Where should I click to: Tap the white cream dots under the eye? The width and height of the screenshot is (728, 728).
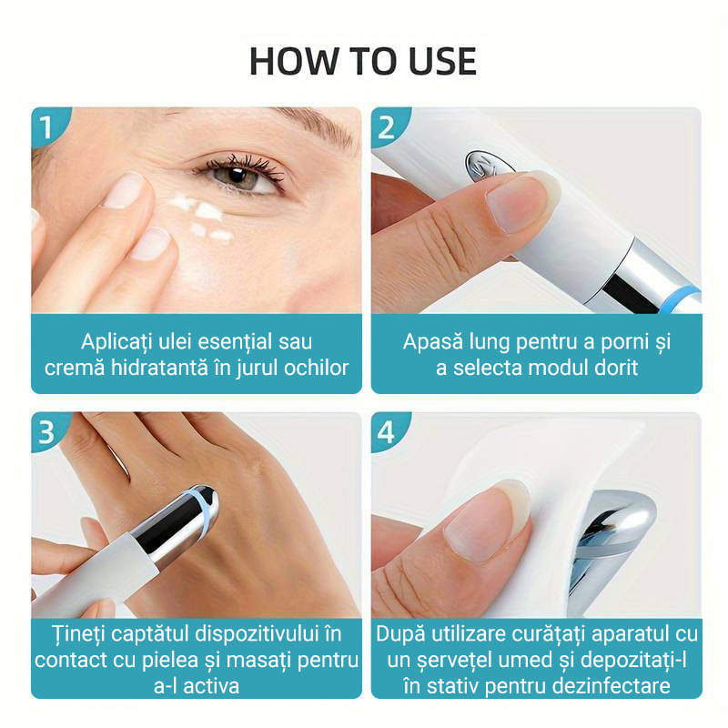coord(206,217)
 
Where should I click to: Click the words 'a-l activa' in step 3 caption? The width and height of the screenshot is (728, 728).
coord(197,684)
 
